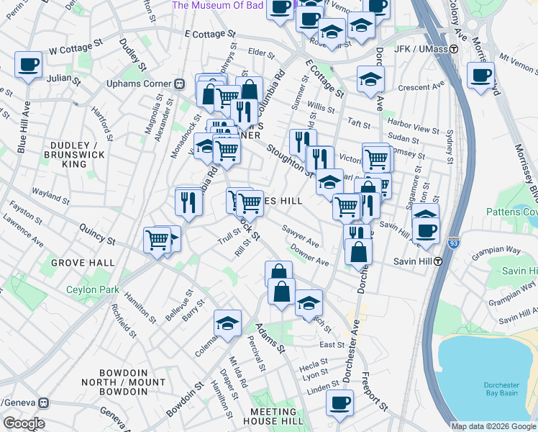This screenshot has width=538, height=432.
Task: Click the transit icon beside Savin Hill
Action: (437, 261)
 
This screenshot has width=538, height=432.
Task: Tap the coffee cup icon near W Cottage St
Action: (28, 66)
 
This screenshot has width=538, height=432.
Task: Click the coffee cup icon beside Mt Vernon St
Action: (480, 74)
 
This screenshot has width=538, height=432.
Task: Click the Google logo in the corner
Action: (24, 423)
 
